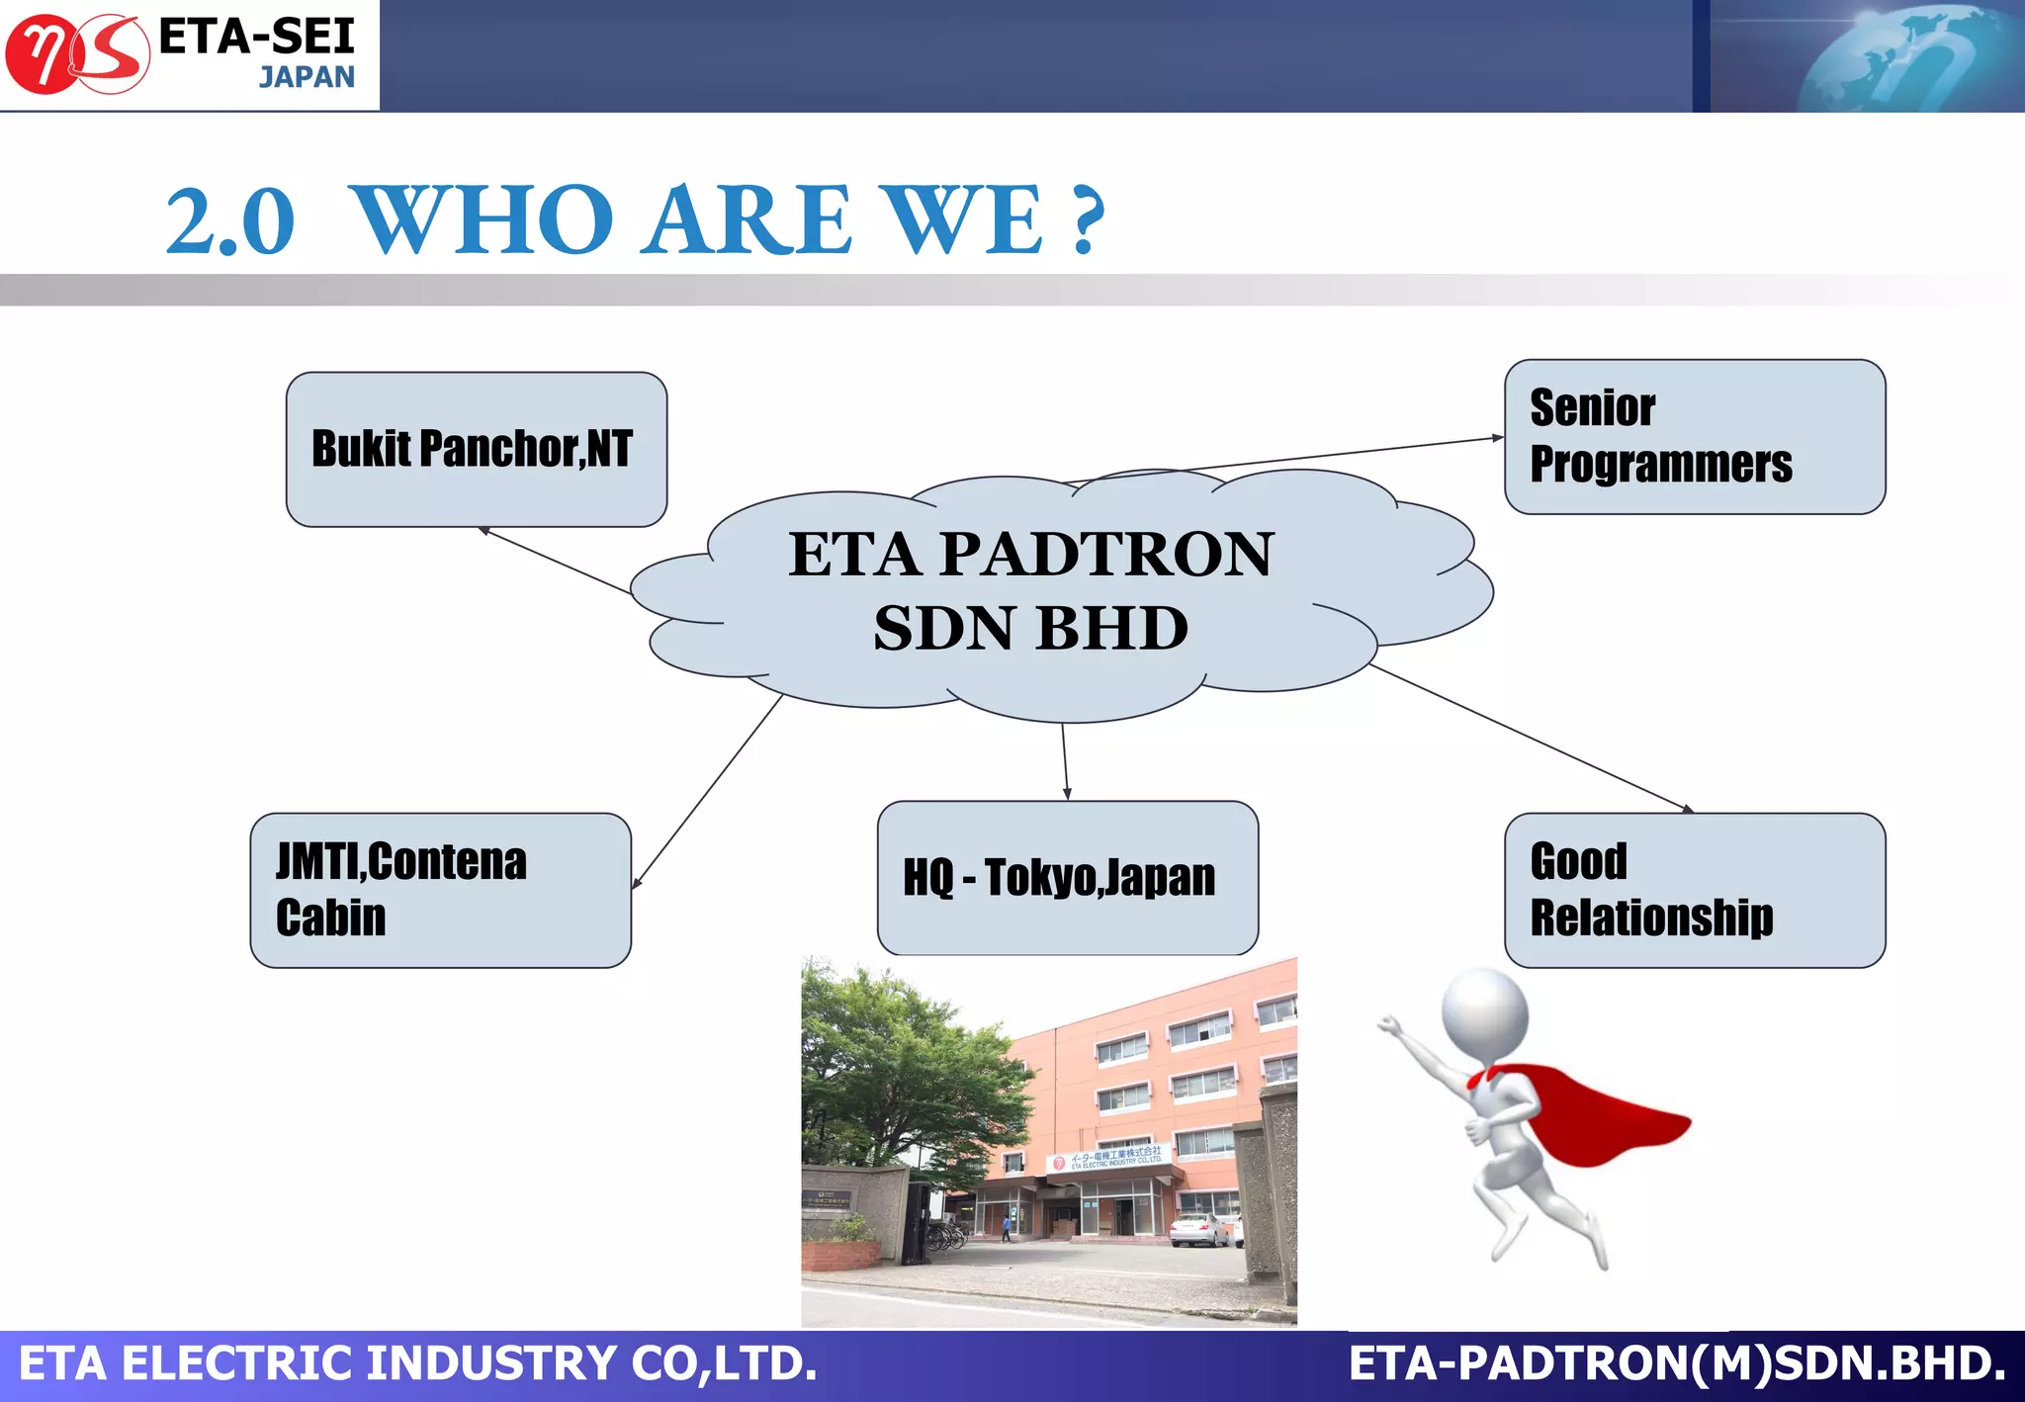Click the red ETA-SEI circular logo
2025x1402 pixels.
tap(76, 55)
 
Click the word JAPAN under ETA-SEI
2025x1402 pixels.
tap(307, 77)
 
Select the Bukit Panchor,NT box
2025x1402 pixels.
tap(476, 450)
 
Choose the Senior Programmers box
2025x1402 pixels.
tap(1694, 437)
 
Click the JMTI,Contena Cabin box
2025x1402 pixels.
tap(440, 890)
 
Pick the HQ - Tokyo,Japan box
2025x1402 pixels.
tap(1067, 878)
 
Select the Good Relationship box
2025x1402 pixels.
tap(1694, 890)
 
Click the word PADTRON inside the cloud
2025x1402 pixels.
tap(1106, 554)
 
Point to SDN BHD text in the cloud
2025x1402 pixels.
tap(1030, 629)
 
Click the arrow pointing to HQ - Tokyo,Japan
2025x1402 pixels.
tap(1065, 761)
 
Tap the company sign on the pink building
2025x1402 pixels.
tap(1108, 1159)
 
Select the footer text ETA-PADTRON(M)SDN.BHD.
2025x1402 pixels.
tap(1676, 1364)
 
